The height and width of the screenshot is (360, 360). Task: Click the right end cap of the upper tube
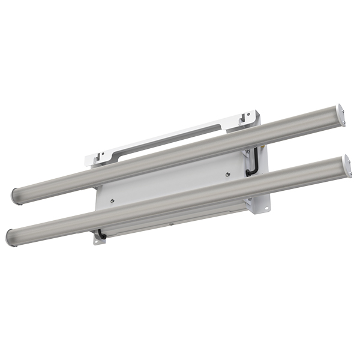pyautogui.click(x=341, y=116)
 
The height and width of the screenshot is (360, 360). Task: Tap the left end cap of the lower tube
pyautogui.click(x=10, y=236)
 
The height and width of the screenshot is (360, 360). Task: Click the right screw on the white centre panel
pyautogui.click(x=228, y=175)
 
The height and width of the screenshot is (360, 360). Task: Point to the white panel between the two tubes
pyautogui.click(x=174, y=183)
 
